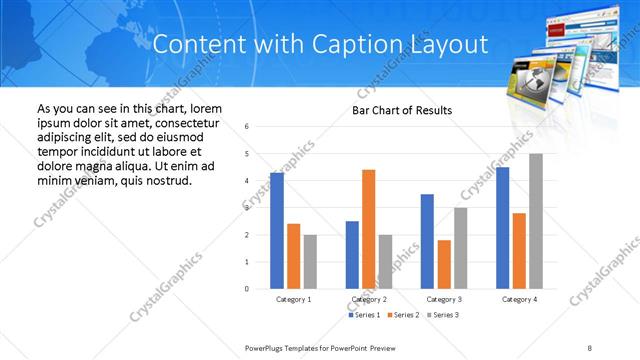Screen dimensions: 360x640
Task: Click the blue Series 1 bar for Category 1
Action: click(277, 231)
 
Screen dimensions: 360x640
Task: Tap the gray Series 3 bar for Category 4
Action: click(536, 221)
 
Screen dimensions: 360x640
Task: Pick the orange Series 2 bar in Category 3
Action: click(444, 264)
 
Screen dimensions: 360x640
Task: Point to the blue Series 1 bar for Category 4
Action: click(502, 228)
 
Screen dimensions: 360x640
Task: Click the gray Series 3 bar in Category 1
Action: click(310, 262)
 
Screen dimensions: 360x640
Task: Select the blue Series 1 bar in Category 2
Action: click(352, 255)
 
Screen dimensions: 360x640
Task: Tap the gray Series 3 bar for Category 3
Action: click(461, 248)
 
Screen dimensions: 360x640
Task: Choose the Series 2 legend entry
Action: click(403, 315)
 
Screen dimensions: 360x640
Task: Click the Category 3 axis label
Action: click(444, 299)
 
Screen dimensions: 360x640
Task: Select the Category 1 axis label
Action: click(293, 299)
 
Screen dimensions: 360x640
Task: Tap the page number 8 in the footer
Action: click(590, 346)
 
